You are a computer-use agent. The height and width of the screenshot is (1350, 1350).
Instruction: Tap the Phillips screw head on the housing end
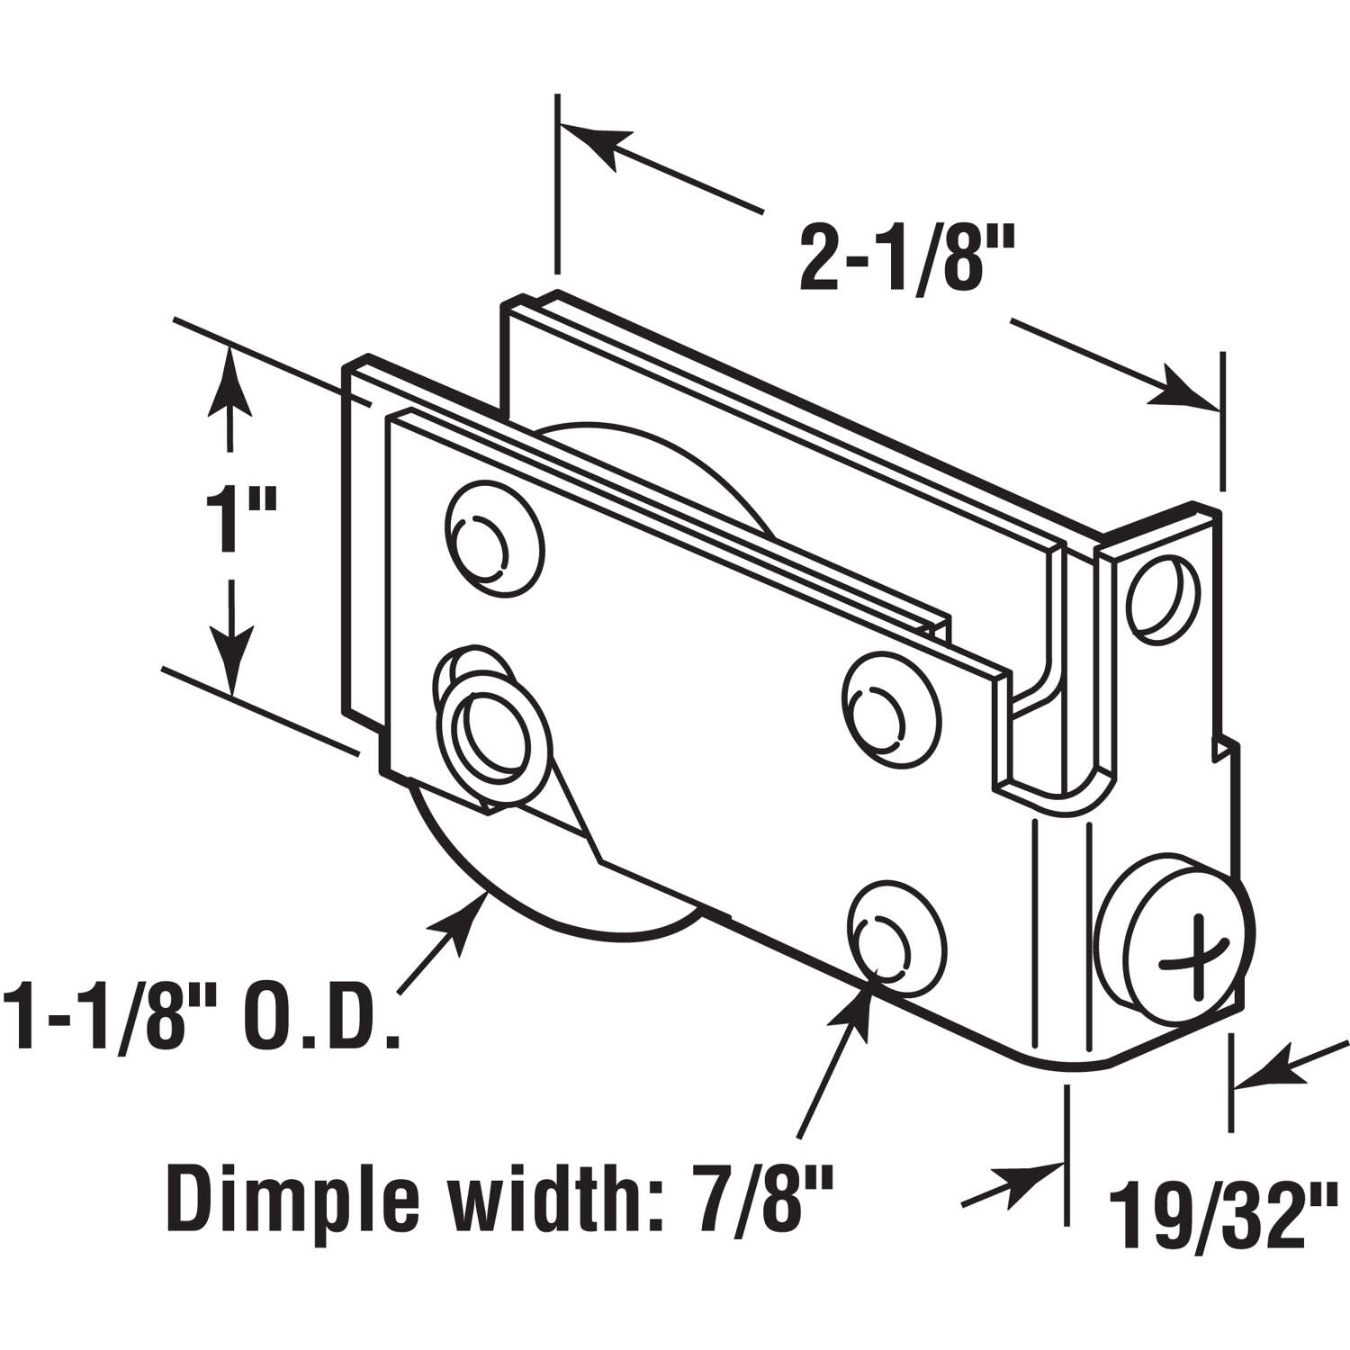click(x=1177, y=962)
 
